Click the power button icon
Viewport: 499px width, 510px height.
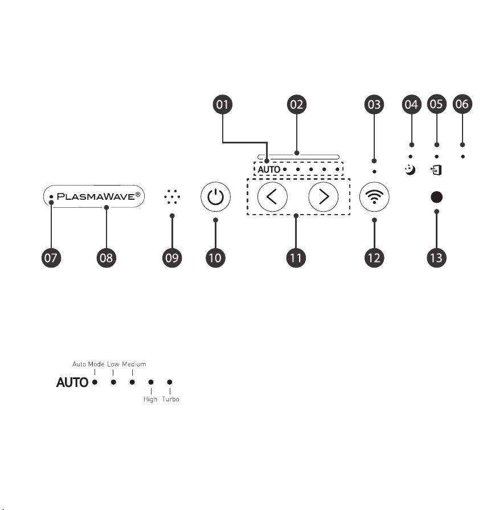215,197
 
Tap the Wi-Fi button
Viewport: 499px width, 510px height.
374,197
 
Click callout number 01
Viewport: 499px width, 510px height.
223,104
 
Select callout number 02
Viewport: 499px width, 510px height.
297,104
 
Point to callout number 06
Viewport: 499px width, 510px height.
462,104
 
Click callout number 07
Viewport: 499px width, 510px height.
51,258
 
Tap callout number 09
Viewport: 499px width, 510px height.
172,258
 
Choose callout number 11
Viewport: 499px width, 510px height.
296,258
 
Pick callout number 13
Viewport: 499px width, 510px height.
436,258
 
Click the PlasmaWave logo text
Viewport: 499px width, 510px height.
99,196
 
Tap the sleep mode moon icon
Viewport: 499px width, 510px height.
410,170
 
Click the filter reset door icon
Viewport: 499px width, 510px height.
436,170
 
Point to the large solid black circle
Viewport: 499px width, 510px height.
436,197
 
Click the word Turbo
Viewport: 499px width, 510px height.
170,399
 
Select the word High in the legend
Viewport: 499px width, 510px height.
150,399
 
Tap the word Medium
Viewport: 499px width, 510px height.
134,364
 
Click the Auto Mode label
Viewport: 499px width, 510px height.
88,364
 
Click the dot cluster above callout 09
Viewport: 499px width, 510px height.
172,197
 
